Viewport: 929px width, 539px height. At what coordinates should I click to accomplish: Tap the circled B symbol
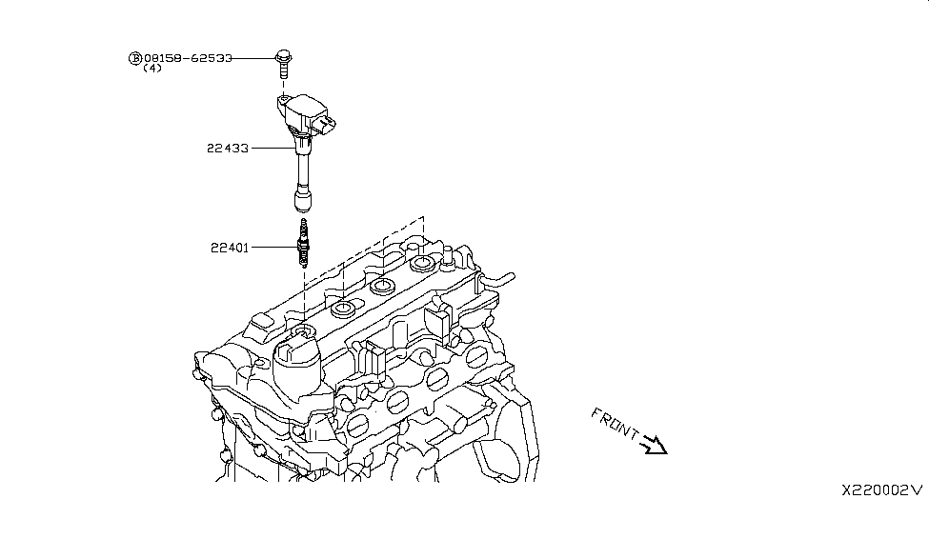(x=134, y=58)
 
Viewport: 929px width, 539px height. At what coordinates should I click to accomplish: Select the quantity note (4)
(x=151, y=69)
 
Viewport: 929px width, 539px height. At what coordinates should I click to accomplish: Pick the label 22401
(x=230, y=248)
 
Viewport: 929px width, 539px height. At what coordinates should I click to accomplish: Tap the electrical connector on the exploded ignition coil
(x=329, y=125)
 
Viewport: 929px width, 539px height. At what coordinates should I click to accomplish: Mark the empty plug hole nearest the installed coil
(x=343, y=309)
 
